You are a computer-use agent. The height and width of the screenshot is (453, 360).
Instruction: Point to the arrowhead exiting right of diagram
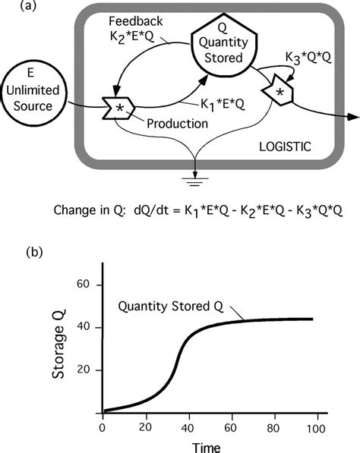coord(352,116)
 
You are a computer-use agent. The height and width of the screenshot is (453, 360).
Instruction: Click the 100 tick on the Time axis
coord(316,427)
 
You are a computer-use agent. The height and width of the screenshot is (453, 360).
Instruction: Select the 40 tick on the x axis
coord(188,427)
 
